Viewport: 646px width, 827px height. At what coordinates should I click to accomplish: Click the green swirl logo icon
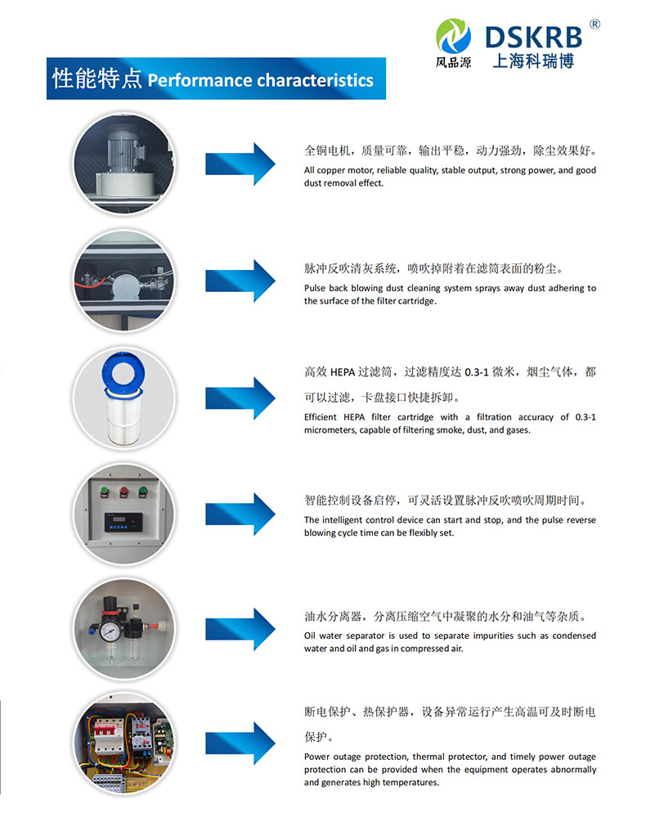pyautogui.click(x=454, y=36)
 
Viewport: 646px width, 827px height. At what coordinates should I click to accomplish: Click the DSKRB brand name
pyautogui.click(x=533, y=38)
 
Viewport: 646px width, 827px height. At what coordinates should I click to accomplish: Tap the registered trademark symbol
pyautogui.click(x=594, y=25)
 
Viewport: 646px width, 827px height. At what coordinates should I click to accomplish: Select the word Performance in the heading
pyautogui.click(x=200, y=80)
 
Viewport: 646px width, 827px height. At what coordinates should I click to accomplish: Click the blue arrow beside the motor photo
pyautogui.click(x=240, y=164)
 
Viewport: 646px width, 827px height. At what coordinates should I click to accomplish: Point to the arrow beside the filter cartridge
pyautogui.click(x=240, y=398)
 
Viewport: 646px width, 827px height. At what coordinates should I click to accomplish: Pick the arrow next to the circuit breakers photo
pyautogui.click(x=240, y=743)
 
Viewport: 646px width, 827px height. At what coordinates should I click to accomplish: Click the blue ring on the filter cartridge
pyautogui.click(x=123, y=372)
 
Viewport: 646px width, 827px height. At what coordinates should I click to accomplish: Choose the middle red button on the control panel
pyautogui.click(x=124, y=492)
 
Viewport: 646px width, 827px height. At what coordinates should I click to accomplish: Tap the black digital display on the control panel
pyautogui.click(x=123, y=522)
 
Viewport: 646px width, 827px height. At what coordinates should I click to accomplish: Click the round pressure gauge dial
pyautogui.click(x=110, y=631)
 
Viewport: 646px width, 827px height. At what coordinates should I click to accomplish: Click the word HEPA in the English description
pyautogui.click(x=354, y=417)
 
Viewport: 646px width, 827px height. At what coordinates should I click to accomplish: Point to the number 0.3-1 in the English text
pyautogui.click(x=585, y=417)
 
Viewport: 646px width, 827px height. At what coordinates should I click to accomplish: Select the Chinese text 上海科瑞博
pyautogui.click(x=533, y=61)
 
